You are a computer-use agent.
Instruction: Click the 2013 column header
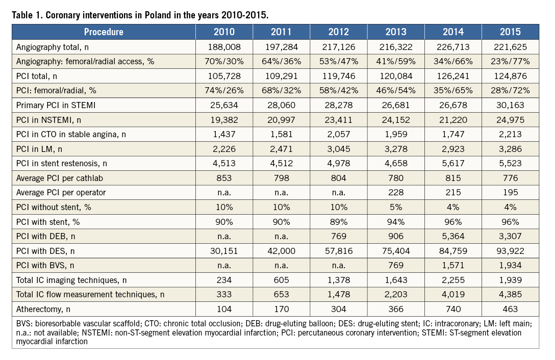click(396, 32)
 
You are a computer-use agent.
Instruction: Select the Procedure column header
click(104, 32)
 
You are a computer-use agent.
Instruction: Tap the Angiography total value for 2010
click(224, 47)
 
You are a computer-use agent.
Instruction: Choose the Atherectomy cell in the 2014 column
click(453, 309)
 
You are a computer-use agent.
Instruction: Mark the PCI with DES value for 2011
click(281, 250)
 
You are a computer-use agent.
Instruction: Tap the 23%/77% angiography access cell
click(511, 62)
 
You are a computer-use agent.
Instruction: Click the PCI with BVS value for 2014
click(453, 265)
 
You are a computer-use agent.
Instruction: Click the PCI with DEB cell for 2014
click(453, 236)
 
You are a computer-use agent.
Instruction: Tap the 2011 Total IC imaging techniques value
click(281, 279)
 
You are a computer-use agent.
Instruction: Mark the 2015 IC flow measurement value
click(511, 294)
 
